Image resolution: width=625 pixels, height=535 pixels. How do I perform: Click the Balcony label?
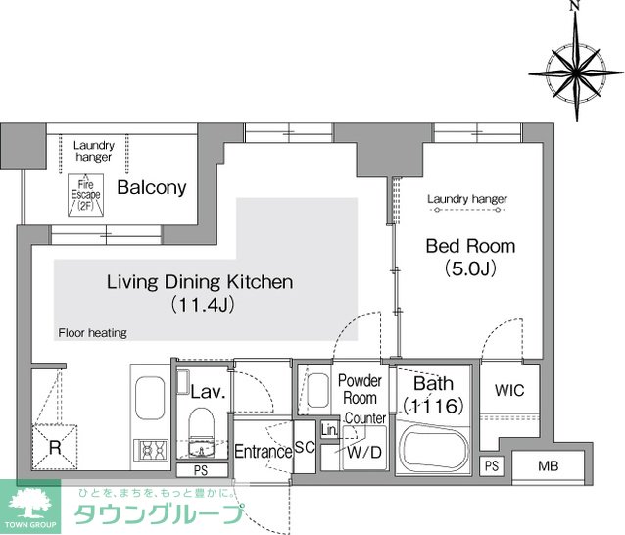pos(152,187)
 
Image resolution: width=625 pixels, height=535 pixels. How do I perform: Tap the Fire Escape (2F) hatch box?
pos(85,195)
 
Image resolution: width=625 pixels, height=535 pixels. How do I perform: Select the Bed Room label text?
pos(470,246)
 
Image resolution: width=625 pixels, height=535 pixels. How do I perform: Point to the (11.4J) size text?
pos(203,305)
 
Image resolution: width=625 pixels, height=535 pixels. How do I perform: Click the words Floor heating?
pos(92,333)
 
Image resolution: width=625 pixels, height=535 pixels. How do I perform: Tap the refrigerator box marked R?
pos(55,447)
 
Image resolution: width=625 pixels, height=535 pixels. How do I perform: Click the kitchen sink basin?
pos(150,398)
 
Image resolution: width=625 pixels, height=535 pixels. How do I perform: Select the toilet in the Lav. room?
pos(201,422)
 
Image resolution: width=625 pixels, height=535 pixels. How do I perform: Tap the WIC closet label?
pos(509,390)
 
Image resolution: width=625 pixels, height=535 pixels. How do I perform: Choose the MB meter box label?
pos(548,465)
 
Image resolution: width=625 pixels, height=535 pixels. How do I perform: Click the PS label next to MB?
pos(492,465)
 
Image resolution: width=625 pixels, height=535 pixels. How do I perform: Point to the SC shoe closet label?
pos(305,447)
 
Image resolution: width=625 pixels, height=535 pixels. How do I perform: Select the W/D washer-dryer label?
pos(364,452)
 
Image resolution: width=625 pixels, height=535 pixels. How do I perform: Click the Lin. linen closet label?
pos(329,430)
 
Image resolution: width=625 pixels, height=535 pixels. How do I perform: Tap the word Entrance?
pos(264,452)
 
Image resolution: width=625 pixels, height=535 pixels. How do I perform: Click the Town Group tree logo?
pos(30,503)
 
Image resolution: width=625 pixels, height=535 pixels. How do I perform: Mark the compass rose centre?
pos(576,73)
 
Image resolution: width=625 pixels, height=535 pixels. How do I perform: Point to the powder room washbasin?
pos(317,390)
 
